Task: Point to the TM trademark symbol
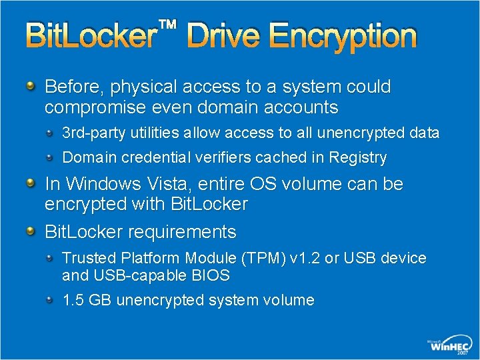(x=168, y=25)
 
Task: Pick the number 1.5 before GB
(x=73, y=301)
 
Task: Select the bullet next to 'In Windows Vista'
(x=31, y=183)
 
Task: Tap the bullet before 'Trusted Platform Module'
(x=51, y=257)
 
